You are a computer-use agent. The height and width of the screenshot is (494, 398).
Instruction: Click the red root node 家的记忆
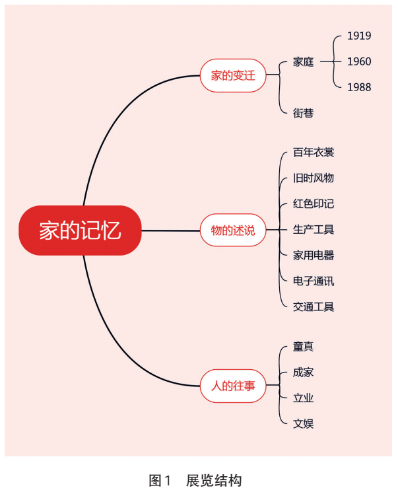[x=80, y=230]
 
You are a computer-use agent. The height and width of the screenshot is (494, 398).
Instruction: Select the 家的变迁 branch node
[x=233, y=75]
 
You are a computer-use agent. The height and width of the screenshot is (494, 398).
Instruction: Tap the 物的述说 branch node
[x=233, y=230]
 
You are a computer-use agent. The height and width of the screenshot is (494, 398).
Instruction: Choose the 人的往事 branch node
[x=233, y=386]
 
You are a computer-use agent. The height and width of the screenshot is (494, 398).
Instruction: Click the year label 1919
[x=359, y=36]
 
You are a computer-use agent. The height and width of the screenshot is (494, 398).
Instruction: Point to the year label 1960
[x=359, y=61]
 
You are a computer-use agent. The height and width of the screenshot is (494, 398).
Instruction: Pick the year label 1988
[x=359, y=87]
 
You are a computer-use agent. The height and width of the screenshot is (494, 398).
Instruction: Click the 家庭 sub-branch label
[x=303, y=62]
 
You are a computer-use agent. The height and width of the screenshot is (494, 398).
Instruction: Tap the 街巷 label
[x=303, y=113]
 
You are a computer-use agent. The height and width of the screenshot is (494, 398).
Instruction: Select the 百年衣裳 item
[x=314, y=153]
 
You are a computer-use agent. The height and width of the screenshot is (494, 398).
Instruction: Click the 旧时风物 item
[x=314, y=178]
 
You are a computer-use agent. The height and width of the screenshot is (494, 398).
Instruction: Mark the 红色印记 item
[x=314, y=204]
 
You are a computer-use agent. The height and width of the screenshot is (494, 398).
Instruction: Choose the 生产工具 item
[x=314, y=230]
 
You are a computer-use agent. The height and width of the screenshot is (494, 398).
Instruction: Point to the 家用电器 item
[x=314, y=255]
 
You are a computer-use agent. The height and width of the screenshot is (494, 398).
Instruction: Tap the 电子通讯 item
[x=314, y=281]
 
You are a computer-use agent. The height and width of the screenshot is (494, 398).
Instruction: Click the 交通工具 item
[x=314, y=307]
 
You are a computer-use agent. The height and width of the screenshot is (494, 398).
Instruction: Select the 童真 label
[x=303, y=347]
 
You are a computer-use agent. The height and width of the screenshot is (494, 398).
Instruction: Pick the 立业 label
[x=303, y=398]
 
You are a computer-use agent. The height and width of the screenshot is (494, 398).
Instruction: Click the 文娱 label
[x=303, y=424]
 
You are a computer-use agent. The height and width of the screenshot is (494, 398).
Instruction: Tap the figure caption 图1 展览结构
[x=195, y=481]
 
